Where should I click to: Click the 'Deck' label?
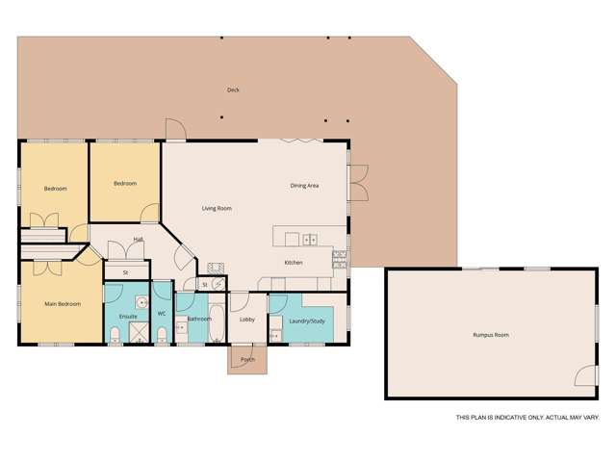(x=232, y=90)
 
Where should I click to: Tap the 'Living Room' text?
(x=217, y=208)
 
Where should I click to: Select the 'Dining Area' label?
(x=304, y=185)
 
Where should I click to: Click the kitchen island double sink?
(x=310, y=239)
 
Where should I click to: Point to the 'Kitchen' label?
(x=294, y=262)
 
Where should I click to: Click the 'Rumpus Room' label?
(x=490, y=335)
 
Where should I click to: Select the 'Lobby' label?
(x=247, y=319)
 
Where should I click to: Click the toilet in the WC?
(x=162, y=334)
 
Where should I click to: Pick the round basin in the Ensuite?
(x=141, y=300)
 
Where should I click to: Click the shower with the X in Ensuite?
(x=141, y=331)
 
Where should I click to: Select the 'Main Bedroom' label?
(x=62, y=304)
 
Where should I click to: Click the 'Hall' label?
(x=139, y=240)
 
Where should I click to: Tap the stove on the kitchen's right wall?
(x=340, y=256)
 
